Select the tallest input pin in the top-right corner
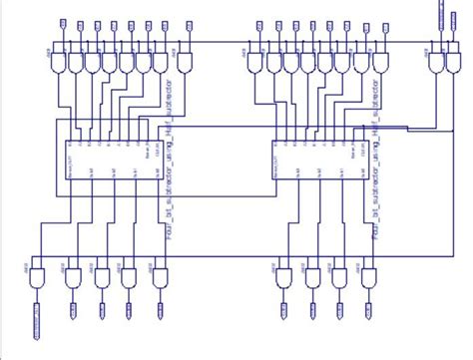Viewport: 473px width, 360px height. [440, 12]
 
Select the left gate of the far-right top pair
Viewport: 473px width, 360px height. [431, 62]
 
